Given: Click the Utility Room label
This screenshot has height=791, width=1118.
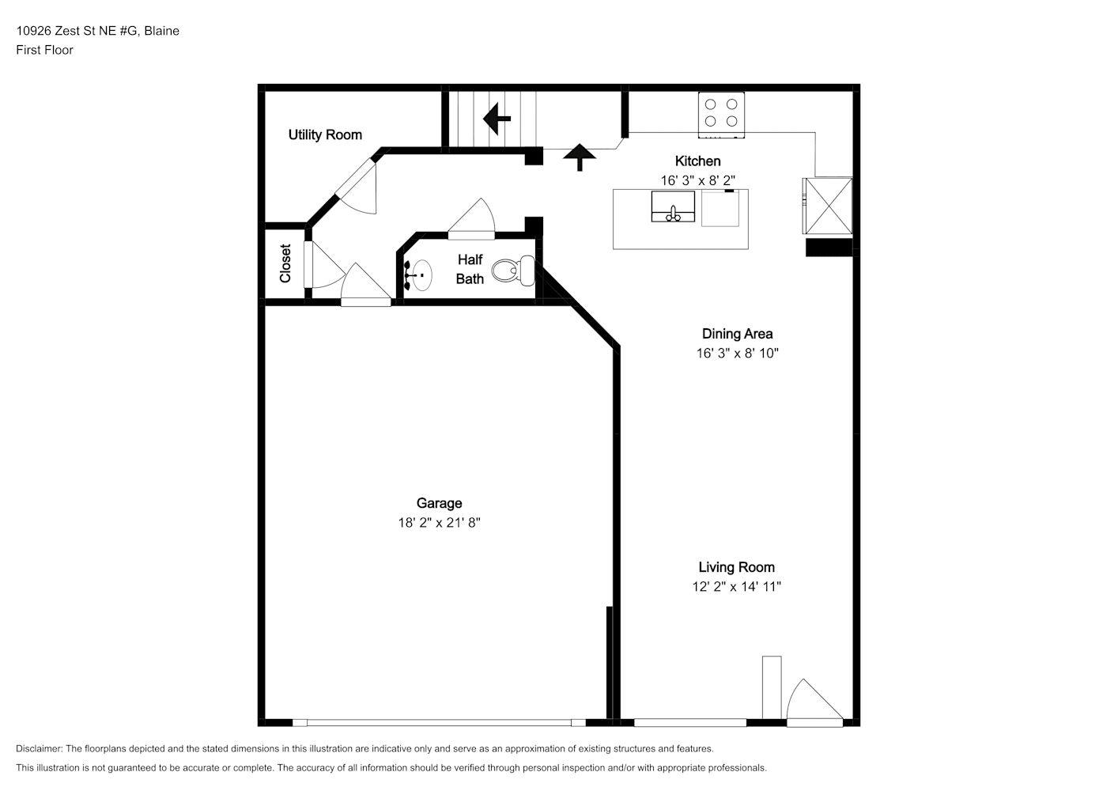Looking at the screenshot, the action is point(325,134).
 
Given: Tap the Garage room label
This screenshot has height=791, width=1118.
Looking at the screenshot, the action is point(440,503).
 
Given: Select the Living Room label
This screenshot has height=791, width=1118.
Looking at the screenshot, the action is point(736,567).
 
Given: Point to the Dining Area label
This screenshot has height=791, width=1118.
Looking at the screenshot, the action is point(737,334).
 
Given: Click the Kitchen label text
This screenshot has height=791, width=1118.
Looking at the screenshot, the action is point(697,161).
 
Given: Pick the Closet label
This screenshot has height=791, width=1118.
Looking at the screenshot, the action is point(285,263).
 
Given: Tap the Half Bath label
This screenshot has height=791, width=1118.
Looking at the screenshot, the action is point(470,269).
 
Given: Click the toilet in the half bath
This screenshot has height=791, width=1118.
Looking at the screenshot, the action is point(513,271).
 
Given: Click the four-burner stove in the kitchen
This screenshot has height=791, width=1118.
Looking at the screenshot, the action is point(721,115).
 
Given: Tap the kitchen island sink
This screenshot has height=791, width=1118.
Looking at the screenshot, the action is point(673,206).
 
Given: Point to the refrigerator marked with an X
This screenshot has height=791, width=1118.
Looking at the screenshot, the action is point(827,206).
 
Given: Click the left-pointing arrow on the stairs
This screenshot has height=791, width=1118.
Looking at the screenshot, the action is point(497,119).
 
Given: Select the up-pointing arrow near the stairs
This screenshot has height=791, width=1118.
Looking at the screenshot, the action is point(580,157).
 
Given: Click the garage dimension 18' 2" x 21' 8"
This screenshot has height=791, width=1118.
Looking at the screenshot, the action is point(440,522).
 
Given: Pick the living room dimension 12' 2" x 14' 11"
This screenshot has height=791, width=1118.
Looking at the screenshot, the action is point(736,586).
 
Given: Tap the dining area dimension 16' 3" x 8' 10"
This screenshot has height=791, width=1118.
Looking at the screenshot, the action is point(737,353).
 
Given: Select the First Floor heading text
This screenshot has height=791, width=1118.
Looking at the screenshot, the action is point(44,50).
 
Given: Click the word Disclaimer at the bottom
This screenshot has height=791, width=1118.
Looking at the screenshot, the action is point(40,748).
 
